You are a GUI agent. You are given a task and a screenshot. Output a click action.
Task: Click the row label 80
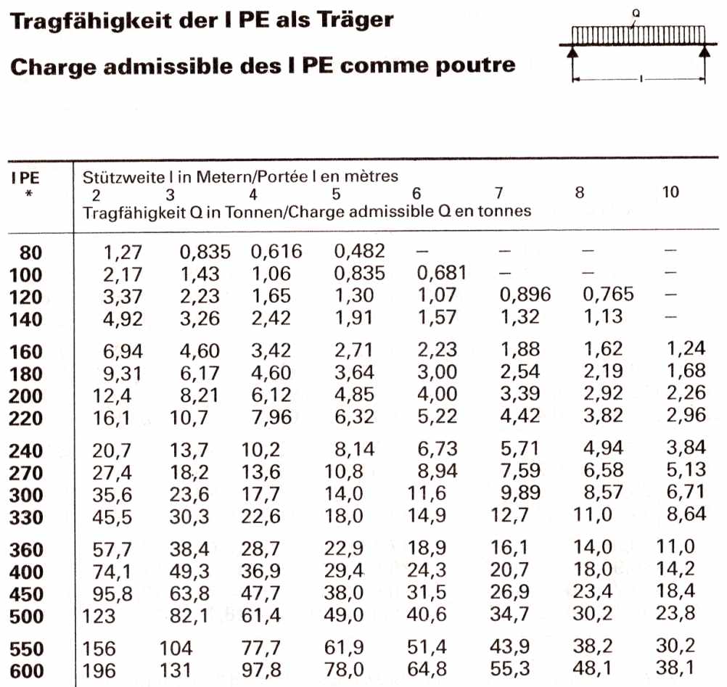(x=31, y=253)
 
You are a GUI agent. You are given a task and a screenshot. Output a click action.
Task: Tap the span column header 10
(x=671, y=193)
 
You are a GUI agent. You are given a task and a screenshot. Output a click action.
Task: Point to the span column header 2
(x=96, y=194)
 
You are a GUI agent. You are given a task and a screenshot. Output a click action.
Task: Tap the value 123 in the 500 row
(x=98, y=617)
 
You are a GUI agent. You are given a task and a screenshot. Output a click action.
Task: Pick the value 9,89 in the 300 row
(x=520, y=495)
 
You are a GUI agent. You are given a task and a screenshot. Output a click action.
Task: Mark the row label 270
(x=26, y=474)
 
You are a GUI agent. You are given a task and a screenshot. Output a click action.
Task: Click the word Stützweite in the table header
(x=115, y=176)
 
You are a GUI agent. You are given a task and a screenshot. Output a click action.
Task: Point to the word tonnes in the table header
(x=509, y=211)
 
